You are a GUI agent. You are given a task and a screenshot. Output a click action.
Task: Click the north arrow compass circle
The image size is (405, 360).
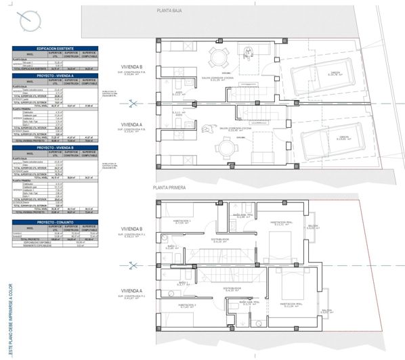30,22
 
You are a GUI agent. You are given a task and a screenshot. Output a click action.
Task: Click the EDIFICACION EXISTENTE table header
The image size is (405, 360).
55,49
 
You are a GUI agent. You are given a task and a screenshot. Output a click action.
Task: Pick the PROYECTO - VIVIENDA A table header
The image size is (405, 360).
55,76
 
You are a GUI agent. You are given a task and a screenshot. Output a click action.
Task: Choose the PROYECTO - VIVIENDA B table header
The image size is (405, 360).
55,147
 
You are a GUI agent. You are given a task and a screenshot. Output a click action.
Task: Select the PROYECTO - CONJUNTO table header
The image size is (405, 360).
55,221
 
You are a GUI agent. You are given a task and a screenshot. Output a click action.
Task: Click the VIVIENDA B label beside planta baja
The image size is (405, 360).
132,66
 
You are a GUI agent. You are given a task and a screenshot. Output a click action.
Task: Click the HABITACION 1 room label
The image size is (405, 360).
181,221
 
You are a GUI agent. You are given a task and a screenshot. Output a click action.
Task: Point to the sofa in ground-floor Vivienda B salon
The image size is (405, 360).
249,53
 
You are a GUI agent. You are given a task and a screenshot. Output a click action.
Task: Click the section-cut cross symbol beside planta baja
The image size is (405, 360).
133,104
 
